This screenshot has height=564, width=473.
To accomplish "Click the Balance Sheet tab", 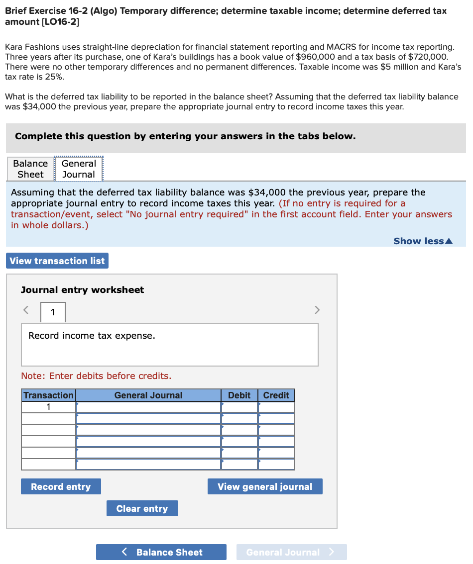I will [x=30, y=169].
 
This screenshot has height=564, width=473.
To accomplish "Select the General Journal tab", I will [x=79, y=169].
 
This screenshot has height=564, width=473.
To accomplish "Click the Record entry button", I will [x=61, y=486].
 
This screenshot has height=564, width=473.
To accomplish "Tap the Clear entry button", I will [x=142, y=508].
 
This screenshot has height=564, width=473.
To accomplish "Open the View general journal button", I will [x=265, y=486].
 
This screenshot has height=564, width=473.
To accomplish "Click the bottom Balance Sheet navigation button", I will [x=161, y=552].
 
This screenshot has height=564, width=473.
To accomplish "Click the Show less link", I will [x=423, y=241].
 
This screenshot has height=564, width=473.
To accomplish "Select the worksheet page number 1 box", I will [x=53, y=312].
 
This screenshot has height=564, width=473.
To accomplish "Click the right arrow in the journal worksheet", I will [x=317, y=310].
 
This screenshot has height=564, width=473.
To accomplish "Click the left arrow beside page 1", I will [x=26, y=310].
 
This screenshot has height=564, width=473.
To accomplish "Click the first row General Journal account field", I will [x=148, y=407].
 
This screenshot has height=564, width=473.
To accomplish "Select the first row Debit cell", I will [x=239, y=407].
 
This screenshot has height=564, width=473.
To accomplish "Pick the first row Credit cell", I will [x=276, y=407].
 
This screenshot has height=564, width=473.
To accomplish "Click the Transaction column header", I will [x=48, y=395].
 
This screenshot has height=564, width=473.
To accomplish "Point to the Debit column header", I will [x=239, y=395].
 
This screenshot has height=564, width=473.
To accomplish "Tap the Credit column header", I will [x=276, y=395].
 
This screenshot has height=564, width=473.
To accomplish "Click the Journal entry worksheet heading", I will [x=82, y=290].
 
